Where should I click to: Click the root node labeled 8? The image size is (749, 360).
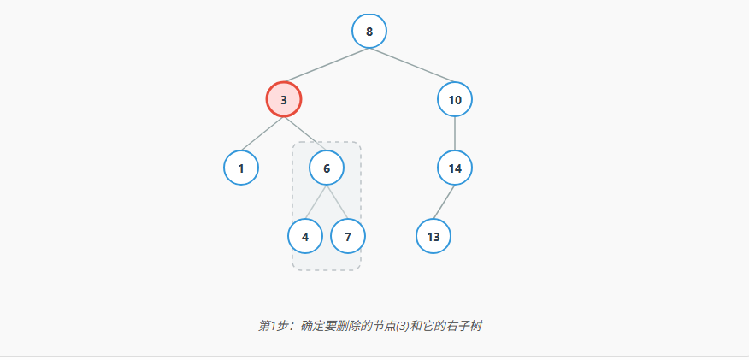369,32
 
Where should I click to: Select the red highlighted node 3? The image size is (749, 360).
284,99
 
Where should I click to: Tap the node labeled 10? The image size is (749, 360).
455,99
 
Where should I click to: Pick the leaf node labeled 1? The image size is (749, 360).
241,168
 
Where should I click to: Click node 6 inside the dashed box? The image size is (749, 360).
327,168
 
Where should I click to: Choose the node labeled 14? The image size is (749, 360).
455,168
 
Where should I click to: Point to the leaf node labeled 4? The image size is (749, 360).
305,236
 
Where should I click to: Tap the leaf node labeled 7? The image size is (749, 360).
348,236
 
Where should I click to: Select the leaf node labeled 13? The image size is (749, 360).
433,236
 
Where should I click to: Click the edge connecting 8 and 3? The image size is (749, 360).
327,66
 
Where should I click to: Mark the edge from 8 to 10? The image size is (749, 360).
412,66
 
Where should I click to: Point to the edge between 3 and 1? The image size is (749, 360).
262,133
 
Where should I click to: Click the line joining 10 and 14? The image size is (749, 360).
455,133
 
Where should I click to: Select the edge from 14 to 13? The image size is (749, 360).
445,202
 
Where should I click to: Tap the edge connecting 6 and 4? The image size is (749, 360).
316,202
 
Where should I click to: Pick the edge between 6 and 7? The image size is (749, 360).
337,202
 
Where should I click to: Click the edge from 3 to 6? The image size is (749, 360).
305,133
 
